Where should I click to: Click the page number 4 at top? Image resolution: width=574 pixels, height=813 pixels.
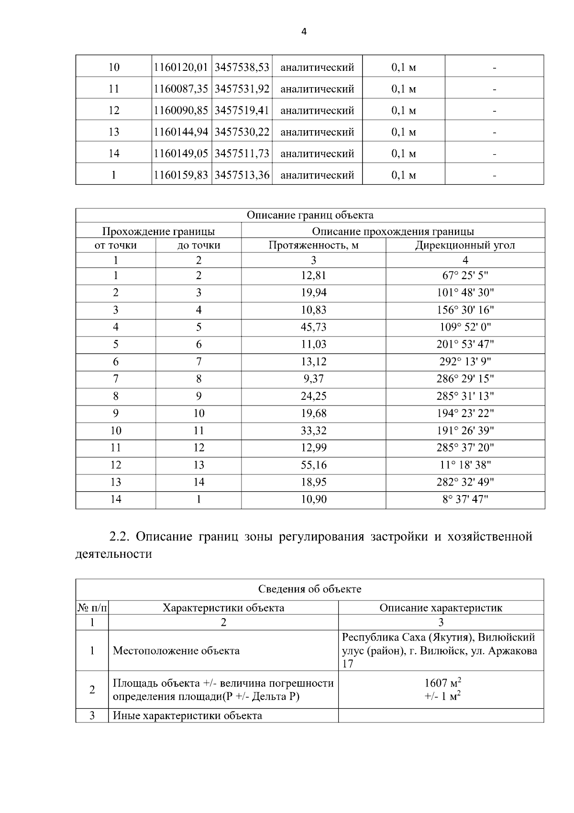(x=304, y=32)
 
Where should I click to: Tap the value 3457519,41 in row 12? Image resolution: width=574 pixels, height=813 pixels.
(x=242, y=111)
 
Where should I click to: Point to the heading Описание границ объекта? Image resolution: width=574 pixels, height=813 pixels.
(x=310, y=215)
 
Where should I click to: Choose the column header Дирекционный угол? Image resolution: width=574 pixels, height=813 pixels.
(x=465, y=246)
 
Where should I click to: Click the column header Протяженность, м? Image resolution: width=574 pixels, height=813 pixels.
(x=313, y=246)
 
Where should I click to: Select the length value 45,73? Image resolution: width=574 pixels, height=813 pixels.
(x=313, y=327)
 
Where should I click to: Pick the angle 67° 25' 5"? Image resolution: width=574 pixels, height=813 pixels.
(x=465, y=276)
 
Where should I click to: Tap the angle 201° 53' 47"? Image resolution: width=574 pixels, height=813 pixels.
(x=465, y=345)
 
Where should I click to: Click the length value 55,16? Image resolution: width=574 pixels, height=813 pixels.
(x=313, y=465)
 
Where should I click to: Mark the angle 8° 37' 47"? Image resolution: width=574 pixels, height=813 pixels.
(x=465, y=500)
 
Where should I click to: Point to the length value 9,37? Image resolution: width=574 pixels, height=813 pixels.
(x=313, y=379)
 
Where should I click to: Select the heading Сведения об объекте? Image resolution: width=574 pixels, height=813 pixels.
(x=309, y=589)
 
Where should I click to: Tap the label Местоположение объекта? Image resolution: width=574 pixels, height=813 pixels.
(x=176, y=651)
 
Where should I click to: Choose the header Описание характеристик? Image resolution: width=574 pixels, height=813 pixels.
(x=441, y=608)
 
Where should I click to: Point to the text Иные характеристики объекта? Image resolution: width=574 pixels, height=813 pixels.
(x=187, y=716)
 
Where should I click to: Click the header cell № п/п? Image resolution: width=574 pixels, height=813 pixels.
(x=92, y=608)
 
